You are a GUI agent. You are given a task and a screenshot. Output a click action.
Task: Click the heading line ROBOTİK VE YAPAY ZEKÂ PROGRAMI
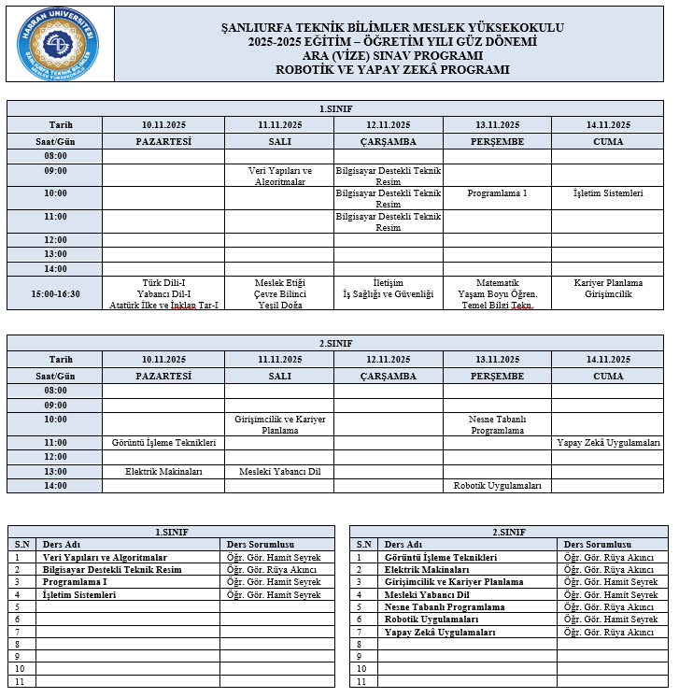[x=392, y=69]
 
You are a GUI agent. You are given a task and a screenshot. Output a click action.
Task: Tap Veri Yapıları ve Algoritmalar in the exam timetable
[x=279, y=177]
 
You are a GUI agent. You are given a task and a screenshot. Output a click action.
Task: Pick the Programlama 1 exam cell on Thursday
[x=497, y=193]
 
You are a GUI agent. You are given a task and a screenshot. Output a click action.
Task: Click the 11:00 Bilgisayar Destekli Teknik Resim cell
[x=388, y=221]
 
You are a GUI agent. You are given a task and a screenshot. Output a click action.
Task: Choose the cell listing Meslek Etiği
[x=279, y=293]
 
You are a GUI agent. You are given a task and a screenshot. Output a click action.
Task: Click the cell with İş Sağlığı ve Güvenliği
[x=388, y=293]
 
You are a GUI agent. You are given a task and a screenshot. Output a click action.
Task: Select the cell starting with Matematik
[x=497, y=293]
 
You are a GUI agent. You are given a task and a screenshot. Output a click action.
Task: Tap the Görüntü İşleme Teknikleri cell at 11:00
[x=163, y=442]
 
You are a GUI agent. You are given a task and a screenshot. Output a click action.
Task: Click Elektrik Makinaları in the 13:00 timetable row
[x=163, y=472]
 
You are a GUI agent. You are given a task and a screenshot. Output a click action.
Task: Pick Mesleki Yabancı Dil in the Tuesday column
[x=279, y=472]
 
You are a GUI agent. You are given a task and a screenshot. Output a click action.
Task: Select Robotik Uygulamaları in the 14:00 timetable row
[x=497, y=486]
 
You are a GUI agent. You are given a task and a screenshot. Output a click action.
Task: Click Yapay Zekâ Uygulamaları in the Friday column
[x=608, y=442]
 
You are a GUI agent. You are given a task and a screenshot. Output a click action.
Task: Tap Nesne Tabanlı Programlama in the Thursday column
[x=497, y=425]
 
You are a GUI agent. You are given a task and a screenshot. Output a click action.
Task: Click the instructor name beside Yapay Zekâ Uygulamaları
[x=609, y=633]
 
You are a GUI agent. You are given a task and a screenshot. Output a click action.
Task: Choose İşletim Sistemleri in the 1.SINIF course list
[x=79, y=595]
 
